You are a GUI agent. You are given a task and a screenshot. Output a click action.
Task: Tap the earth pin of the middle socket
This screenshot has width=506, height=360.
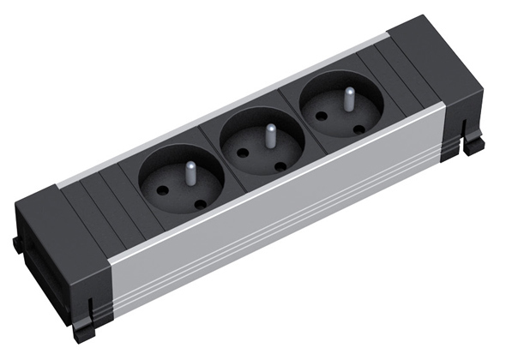(x=268, y=135)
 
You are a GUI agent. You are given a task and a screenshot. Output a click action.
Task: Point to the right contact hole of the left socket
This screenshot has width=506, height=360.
(x=201, y=203)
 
